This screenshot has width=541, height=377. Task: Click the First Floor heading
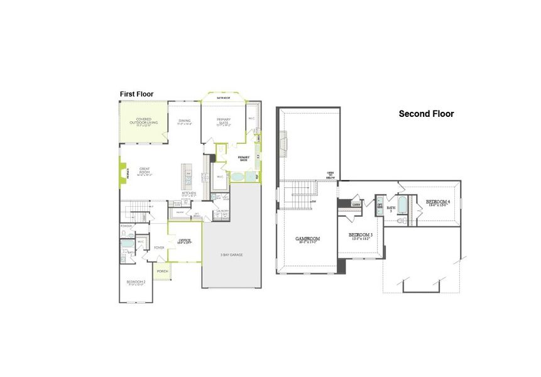tap(136, 94)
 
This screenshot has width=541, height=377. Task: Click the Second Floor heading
tap(426, 114)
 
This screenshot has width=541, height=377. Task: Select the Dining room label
tap(184, 122)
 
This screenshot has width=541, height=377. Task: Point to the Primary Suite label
tap(224, 121)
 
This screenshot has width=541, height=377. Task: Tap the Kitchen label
tap(189, 194)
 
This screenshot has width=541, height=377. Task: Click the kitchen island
tap(186, 177)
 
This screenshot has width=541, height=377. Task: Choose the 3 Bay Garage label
tap(231, 254)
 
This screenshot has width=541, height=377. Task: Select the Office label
tap(184, 241)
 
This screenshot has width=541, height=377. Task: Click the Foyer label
tap(159, 248)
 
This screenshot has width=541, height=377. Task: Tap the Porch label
tap(162, 271)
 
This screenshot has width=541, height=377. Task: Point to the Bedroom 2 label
tap(136, 282)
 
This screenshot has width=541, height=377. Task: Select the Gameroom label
tap(309, 239)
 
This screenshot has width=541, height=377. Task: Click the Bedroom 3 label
tap(361, 236)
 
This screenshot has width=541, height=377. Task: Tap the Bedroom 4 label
tap(438, 202)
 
